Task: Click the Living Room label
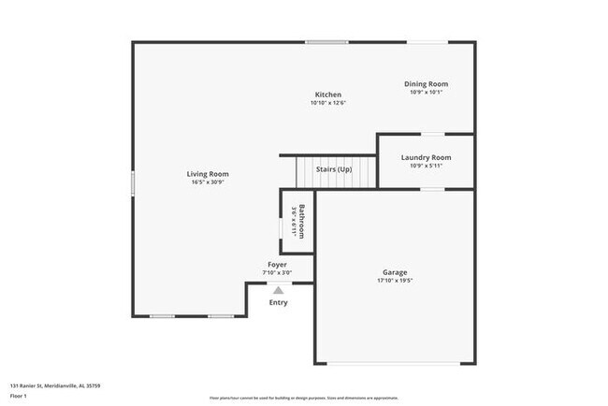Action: tap(208, 174)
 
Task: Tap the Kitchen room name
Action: tap(328, 94)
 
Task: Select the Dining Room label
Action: tap(426, 84)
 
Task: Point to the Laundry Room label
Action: tap(426, 157)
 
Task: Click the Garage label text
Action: tap(395, 272)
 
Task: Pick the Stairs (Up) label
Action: tap(332, 169)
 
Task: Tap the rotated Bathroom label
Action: tap(301, 222)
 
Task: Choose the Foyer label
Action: tap(278, 265)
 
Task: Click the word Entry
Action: tap(279, 302)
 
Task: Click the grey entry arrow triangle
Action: tap(278, 291)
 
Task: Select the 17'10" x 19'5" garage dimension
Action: tap(395, 281)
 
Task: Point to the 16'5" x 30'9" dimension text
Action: tap(208, 182)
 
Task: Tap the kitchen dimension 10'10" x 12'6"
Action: tap(328, 103)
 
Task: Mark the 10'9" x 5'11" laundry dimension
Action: tap(426, 166)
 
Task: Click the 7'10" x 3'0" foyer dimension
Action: tap(278, 273)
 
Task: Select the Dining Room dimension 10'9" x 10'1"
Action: tap(426, 93)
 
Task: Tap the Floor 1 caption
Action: tap(20, 397)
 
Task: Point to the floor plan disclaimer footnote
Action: tap(304, 397)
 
